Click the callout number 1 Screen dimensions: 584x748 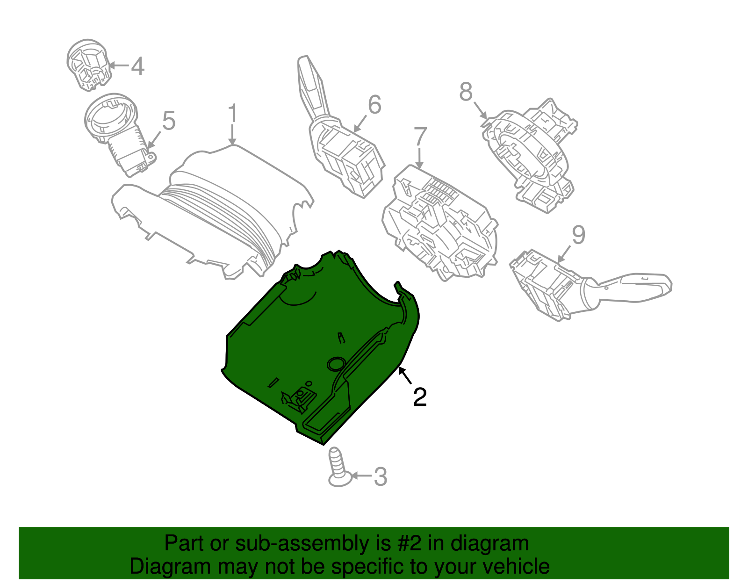coord(232,115)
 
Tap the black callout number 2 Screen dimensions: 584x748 coord(420,397)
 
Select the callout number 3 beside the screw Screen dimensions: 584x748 coord(381,477)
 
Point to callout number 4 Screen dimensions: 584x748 coord(137,66)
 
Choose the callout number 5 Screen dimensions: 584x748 coord(168,121)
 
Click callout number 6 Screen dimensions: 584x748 coord(374,105)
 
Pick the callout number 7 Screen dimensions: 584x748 coord(420,137)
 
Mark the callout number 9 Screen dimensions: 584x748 coord(578,235)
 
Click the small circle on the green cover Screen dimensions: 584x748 coord(336,364)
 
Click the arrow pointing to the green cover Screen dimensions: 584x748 coord(405,376)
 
